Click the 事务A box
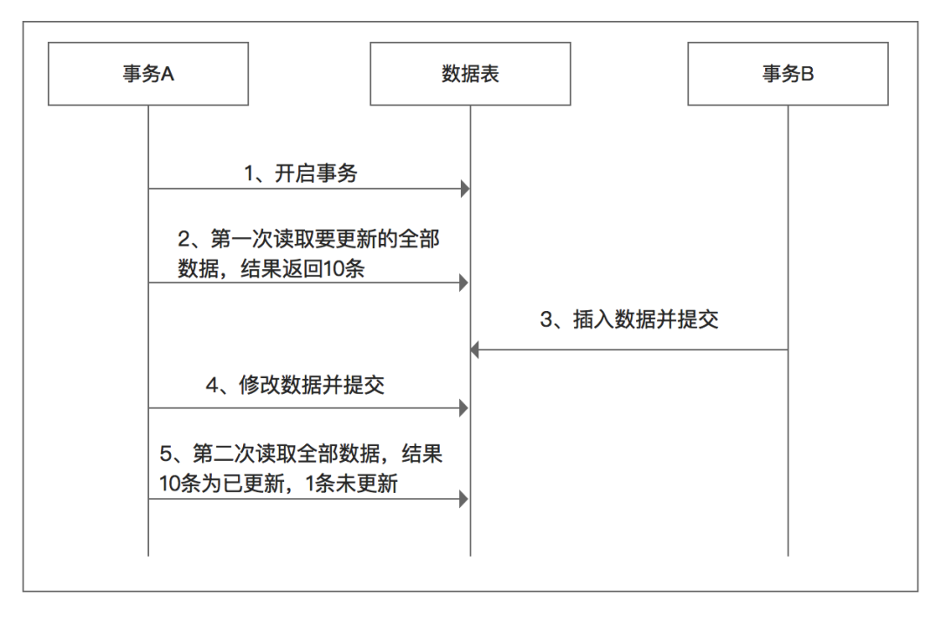(148, 75)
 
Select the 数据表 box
(470, 75)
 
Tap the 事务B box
(789, 75)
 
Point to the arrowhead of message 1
(465, 188)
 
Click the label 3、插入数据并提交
(629, 320)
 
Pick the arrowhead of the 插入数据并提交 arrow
(476, 349)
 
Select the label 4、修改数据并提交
(295, 387)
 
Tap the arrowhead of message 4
(465, 407)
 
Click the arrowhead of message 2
(465, 282)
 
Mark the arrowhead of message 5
(465, 499)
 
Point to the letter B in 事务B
(808, 75)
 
